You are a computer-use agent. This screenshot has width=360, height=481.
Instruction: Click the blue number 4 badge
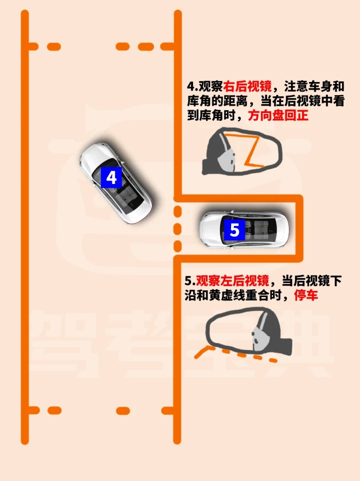pos(111,177)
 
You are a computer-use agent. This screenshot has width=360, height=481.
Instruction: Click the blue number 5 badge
pos(234,230)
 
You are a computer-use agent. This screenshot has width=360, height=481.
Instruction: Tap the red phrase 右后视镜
pos(247,86)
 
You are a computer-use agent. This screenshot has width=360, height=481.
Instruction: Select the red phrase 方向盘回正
pos(278,115)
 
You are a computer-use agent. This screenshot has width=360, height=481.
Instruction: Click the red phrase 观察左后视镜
pos(232,280)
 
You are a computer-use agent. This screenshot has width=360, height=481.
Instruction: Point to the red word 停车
pos(305,295)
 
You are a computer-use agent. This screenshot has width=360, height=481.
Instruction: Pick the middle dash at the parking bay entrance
pos(177,229)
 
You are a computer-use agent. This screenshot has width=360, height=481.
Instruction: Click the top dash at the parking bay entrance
pos(177,211)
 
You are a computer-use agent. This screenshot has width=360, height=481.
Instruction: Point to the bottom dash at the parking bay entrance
pos(177,246)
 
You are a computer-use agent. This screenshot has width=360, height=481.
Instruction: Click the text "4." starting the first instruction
pos(192,86)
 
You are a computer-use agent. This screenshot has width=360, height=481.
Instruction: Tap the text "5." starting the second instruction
pos(190,280)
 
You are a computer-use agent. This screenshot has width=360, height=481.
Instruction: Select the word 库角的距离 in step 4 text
pos(217,101)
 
